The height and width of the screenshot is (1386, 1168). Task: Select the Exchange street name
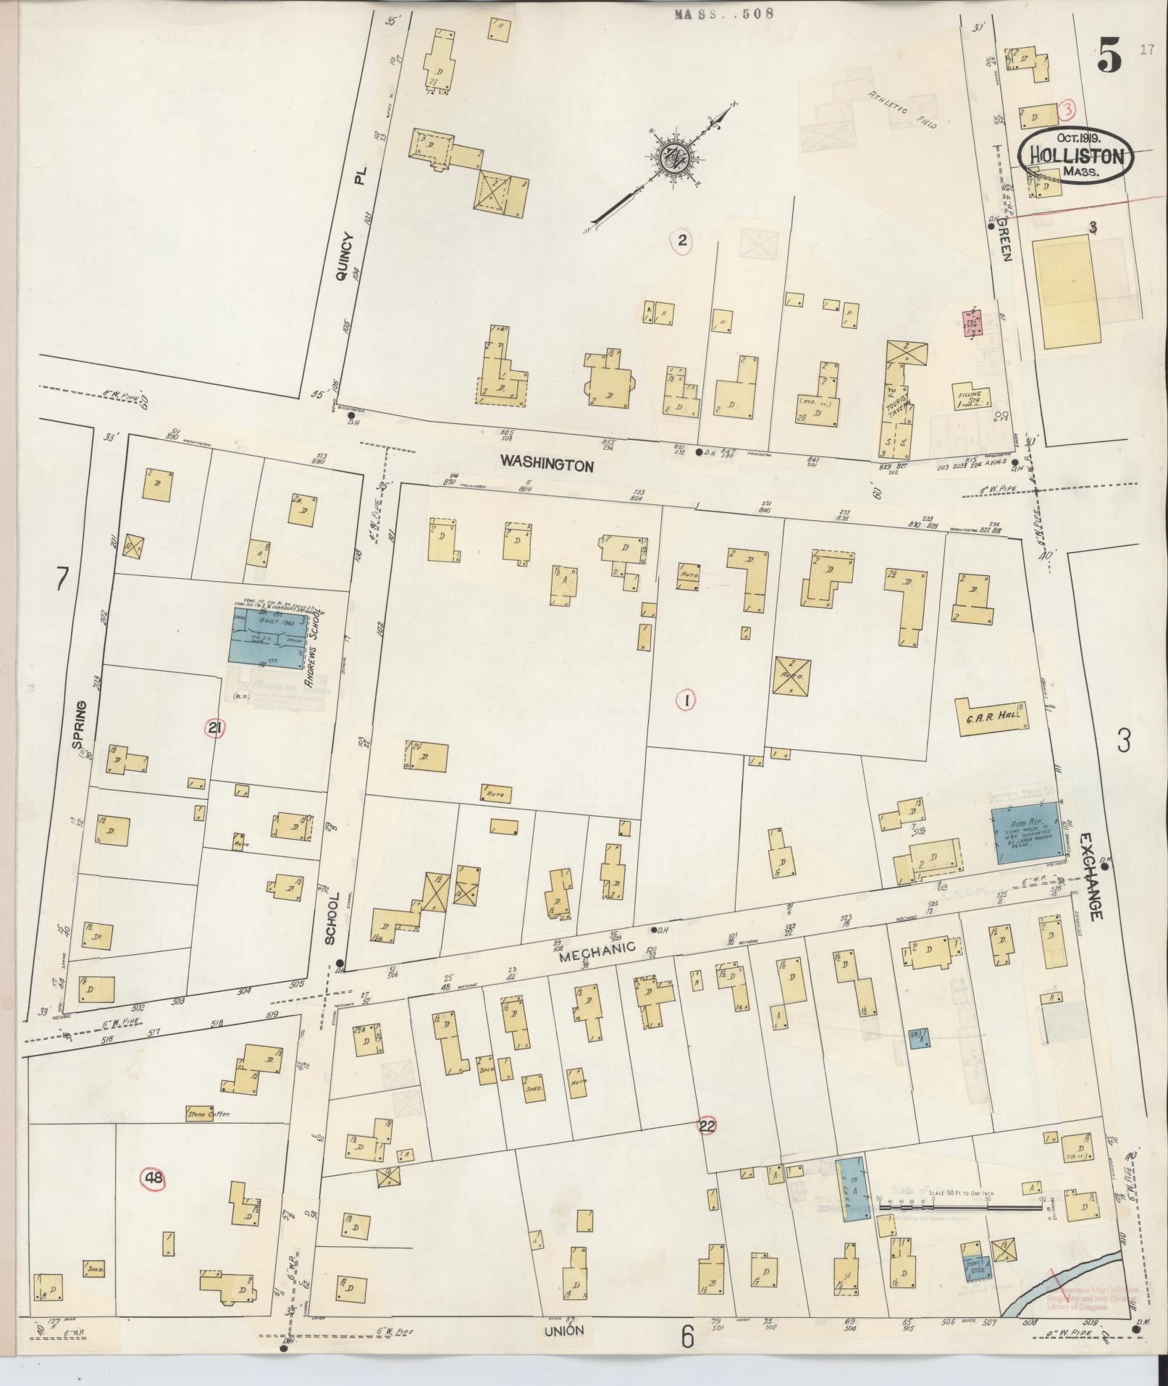(1090, 877)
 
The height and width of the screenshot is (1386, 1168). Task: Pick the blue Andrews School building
(266, 637)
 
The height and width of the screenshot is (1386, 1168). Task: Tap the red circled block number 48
(154, 1179)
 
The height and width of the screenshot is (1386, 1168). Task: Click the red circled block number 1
(685, 700)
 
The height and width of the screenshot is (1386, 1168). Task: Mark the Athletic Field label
(902, 111)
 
